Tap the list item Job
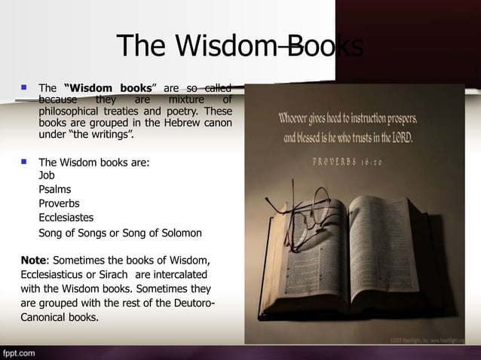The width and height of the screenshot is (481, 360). (x=46, y=175)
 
